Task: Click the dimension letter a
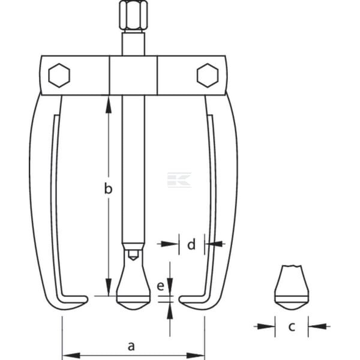131,346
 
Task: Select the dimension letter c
292,326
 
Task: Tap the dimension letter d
191,244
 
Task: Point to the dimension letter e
160,286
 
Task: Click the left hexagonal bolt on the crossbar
59,76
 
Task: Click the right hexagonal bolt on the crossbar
208,76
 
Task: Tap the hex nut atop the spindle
133,15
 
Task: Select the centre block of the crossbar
133,76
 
